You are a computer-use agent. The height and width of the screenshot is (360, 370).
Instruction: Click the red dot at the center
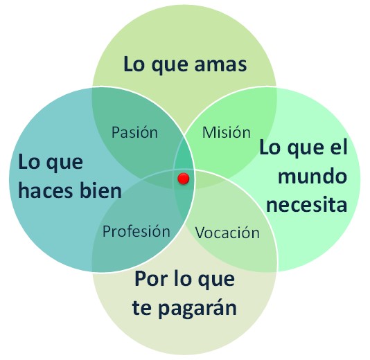click(x=184, y=179)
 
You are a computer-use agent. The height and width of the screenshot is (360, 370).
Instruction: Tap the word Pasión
click(x=134, y=132)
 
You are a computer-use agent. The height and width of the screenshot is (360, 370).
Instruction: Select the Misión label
click(x=227, y=132)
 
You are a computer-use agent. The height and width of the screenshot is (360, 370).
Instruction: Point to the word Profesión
click(x=136, y=231)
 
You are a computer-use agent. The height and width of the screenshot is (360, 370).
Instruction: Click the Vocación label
click(x=227, y=233)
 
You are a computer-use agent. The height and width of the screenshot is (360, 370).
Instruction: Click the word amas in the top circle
click(x=220, y=65)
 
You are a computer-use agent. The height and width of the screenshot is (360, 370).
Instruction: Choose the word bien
click(x=100, y=190)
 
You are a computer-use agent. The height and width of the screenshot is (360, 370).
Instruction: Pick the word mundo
click(x=312, y=176)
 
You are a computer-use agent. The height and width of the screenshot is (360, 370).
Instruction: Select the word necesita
click(x=306, y=204)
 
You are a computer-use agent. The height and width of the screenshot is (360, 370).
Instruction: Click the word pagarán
click(x=197, y=309)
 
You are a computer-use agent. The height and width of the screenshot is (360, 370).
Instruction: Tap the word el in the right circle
click(x=338, y=147)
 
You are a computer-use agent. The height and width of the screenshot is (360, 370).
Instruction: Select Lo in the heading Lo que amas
click(x=134, y=64)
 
